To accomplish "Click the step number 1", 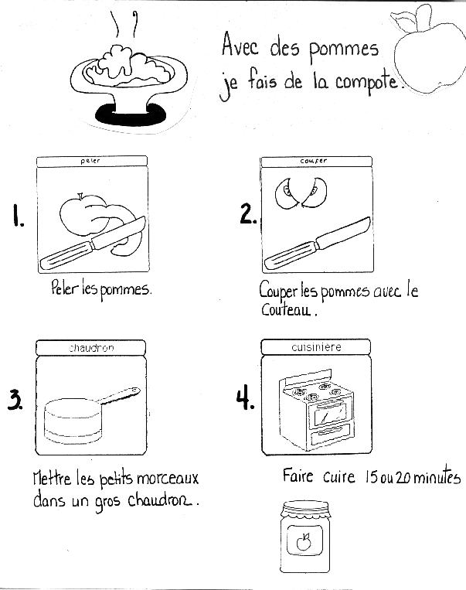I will (x=16, y=217).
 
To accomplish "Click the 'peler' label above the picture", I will (x=90, y=161).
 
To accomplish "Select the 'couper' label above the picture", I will (x=313, y=161).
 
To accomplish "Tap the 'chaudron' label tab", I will (x=90, y=348).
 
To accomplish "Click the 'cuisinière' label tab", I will (x=316, y=348).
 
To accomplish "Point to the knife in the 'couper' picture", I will (x=316, y=244).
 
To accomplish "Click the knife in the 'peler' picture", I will (x=93, y=243).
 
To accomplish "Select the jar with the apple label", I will (x=303, y=537).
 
